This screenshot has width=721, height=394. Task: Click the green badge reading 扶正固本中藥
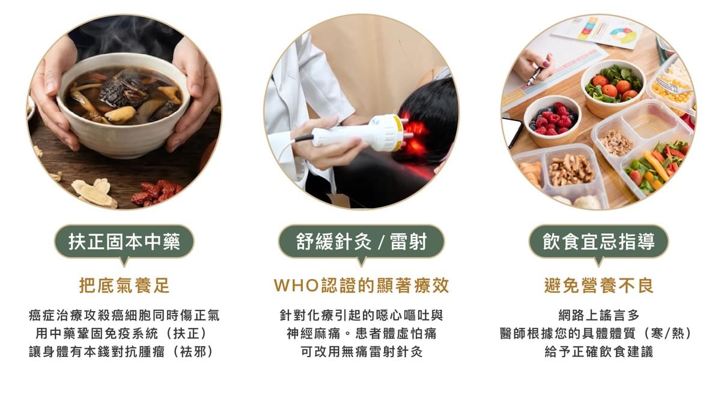[x=124, y=242]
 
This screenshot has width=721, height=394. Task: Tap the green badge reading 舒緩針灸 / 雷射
[x=360, y=242]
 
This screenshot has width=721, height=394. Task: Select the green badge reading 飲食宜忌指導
[x=598, y=242]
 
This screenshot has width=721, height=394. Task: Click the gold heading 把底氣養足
[x=124, y=285]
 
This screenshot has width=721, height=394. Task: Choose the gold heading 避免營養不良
[x=598, y=285]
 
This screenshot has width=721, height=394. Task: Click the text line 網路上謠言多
[x=598, y=315]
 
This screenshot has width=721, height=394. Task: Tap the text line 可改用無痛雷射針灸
[x=361, y=352]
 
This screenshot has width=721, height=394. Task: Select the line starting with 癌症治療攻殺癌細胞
[x=124, y=315]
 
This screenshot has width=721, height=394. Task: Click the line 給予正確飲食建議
[x=598, y=352]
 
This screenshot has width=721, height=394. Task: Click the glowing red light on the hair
[x=415, y=129]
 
